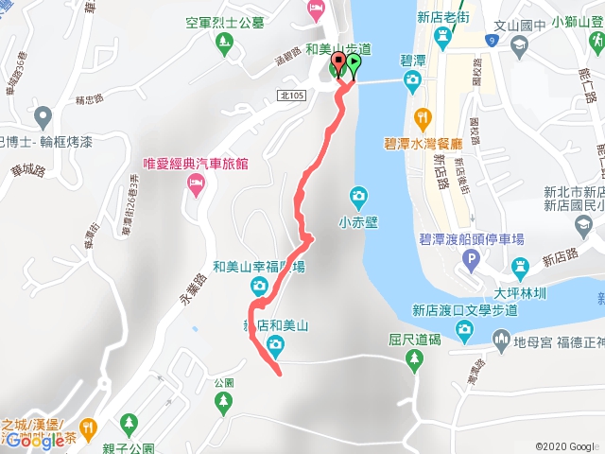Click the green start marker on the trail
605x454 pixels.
point(354,64)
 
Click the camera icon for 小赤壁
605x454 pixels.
point(358,197)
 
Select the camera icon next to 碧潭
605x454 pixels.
point(413,80)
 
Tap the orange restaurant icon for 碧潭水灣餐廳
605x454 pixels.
point(423,118)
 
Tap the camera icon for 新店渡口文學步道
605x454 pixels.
point(464,328)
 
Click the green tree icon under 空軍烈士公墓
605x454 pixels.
point(224,42)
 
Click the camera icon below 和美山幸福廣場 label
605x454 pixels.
point(258,287)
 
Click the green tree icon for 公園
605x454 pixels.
point(223,403)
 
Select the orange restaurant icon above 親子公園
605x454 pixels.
point(88,427)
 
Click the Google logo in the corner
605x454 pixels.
point(34,440)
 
